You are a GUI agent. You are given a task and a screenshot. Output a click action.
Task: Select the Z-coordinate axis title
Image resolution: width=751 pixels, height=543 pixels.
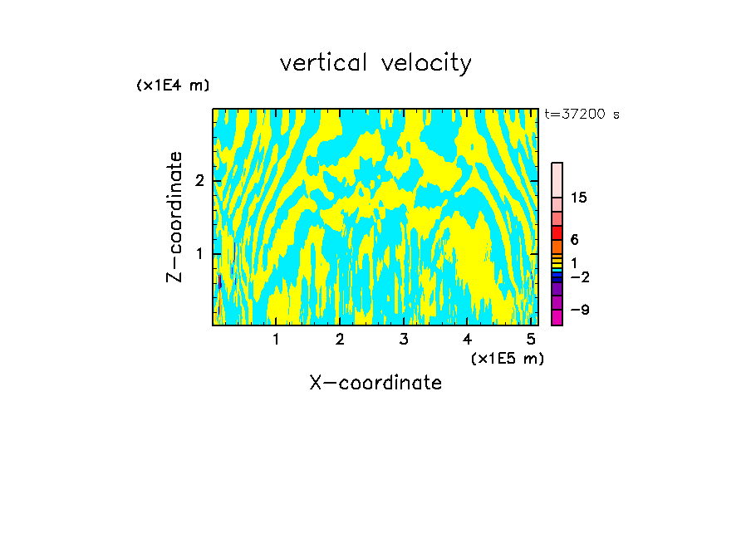tap(174, 217)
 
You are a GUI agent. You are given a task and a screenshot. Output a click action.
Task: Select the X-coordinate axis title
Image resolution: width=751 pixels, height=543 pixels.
tap(375, 383)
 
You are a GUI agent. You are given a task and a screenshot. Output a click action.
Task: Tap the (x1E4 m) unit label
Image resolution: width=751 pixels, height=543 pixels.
tap(173, 86)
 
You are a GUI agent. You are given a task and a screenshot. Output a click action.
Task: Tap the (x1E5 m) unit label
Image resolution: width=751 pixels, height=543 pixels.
tap(507, 358)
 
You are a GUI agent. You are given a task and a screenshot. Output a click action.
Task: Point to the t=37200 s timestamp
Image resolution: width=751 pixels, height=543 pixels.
tap(582, 115)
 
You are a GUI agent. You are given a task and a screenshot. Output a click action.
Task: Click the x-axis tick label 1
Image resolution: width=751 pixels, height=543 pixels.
tap(276, 340)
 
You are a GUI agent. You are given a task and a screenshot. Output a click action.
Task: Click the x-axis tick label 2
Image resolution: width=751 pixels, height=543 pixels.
tap(340, 340)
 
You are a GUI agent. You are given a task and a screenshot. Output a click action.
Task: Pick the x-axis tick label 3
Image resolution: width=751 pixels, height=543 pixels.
tap(404, 340)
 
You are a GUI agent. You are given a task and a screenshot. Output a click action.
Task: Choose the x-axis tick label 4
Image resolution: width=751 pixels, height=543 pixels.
tap(468, 340)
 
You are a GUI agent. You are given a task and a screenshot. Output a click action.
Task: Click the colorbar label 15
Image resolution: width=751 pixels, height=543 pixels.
tap(580, 198)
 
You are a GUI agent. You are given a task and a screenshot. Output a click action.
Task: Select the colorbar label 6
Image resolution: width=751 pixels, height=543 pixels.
tap(575, 240)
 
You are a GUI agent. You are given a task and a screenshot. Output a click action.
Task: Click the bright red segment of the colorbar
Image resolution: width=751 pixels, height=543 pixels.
tap(557, 232)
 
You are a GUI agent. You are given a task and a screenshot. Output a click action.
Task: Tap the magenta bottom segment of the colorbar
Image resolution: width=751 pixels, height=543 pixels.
tap(557, 317)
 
